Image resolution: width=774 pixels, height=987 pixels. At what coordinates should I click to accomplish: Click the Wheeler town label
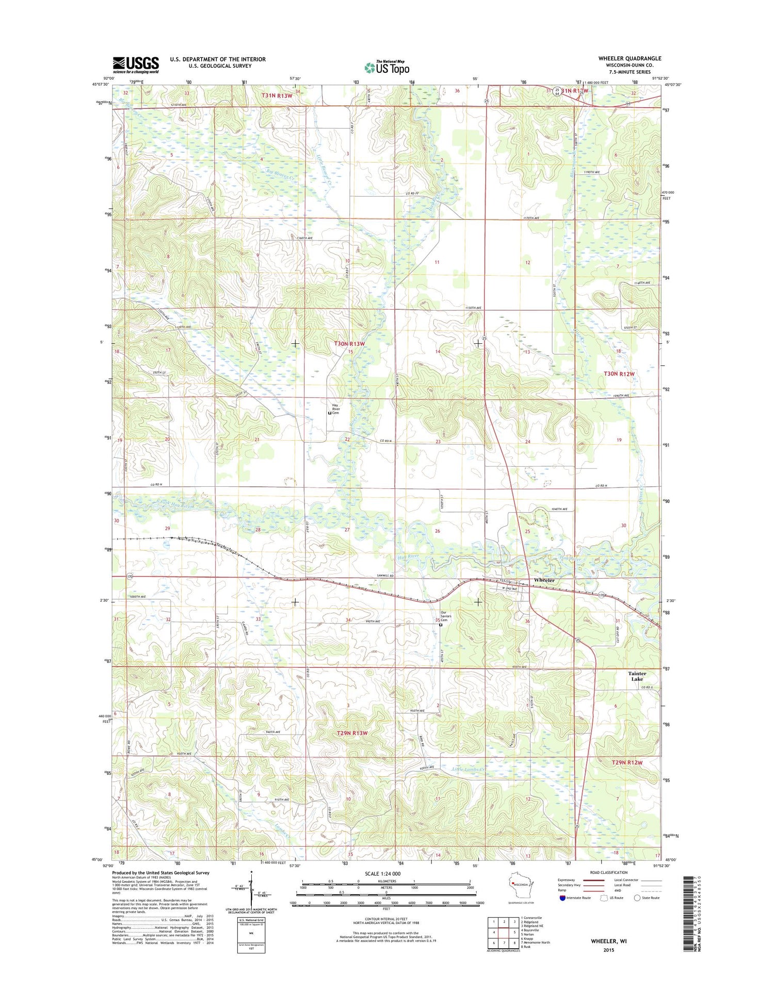pos(544,580)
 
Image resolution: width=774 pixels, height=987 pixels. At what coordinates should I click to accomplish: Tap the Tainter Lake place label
pos(637,676)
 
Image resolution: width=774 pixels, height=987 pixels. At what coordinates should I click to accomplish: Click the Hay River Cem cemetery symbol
pos(330,413)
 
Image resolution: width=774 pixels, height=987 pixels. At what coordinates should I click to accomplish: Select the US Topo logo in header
pos(387,67)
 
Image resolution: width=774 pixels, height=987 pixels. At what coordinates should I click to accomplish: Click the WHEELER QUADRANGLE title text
pos(629,58)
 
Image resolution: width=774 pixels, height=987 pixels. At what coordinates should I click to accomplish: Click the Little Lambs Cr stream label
pos(469,770)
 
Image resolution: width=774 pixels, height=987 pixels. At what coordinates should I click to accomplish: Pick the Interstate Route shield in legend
pos(562,898)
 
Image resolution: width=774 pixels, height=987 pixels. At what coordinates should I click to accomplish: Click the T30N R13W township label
pos(349,343)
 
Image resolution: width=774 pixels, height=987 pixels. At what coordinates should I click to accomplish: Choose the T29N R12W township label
pos(627,762)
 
